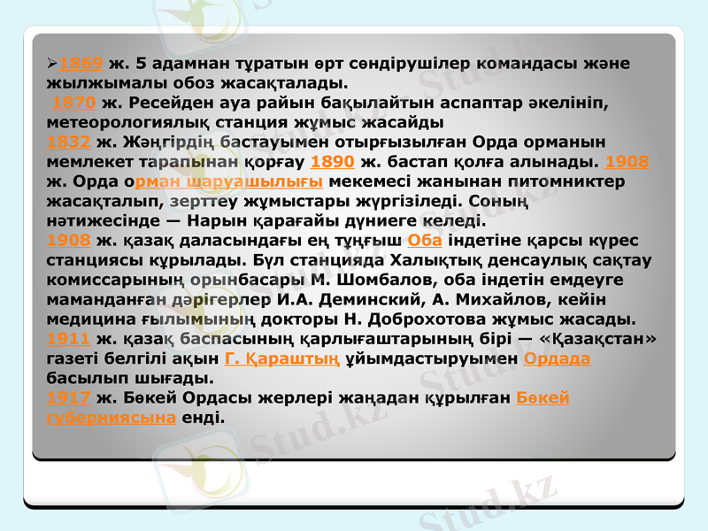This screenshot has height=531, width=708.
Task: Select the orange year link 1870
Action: pos(74,103)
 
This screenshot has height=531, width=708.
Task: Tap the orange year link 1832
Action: pos(67,142)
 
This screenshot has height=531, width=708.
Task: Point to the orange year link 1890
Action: pos(334,162)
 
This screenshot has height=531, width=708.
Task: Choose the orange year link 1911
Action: pos(67,338)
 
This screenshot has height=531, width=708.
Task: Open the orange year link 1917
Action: pos(67,397)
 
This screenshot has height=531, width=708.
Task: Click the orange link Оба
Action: pos(426,241)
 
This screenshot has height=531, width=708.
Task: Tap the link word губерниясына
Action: pos(111,417)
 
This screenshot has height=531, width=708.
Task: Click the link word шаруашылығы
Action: pos(263,181)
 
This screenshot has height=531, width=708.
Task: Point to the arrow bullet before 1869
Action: pos(52,65)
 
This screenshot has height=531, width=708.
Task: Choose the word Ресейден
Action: pos(173,103)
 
